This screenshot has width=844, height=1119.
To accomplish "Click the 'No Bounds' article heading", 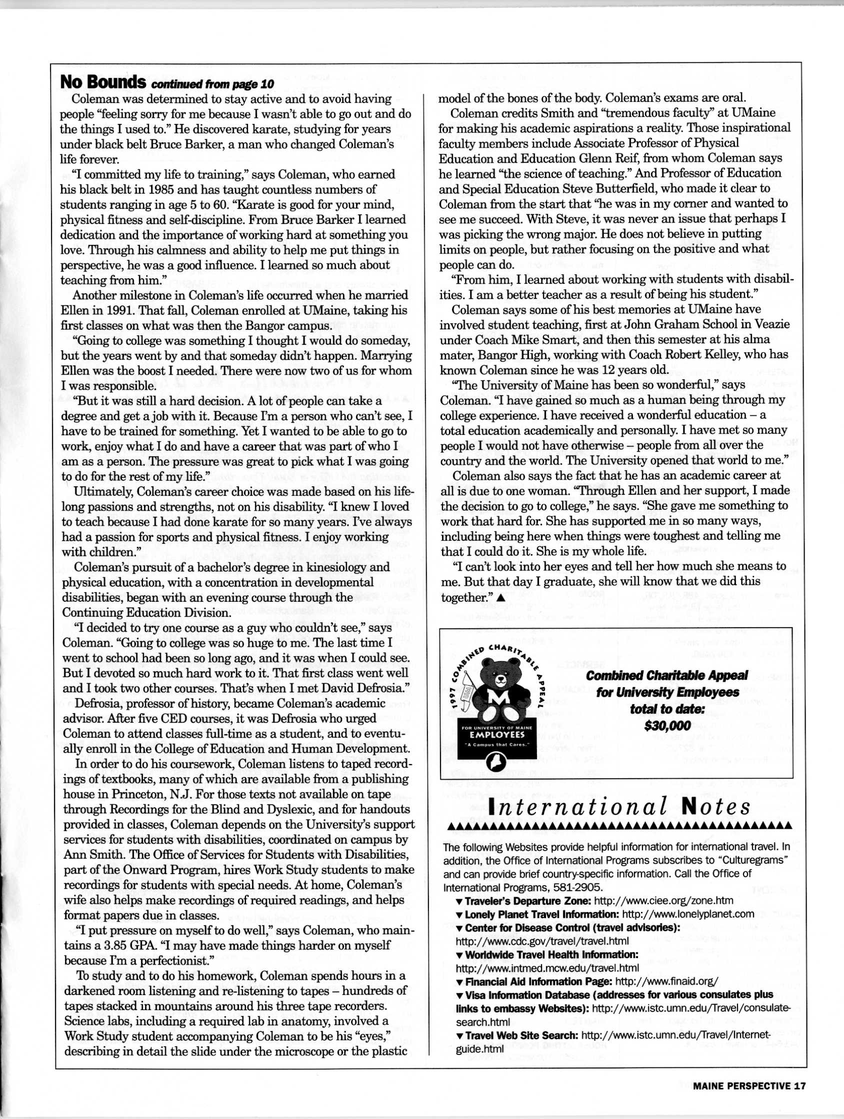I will (x=103, y=81).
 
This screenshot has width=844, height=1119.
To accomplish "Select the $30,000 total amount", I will (x=667, y=726).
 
